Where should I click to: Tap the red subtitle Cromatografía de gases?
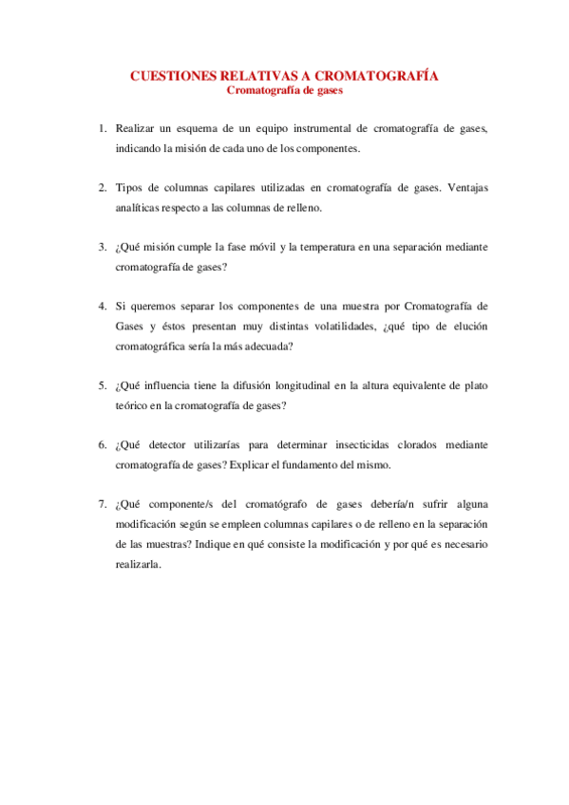pyautogui.click(x=284, y=91)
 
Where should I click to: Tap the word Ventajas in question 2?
pyautogui.click(x=465, y=186)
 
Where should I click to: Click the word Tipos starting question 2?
pyautogui.click(x=129, y=186)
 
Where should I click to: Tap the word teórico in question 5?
pyautogui.click(x=131, y=405)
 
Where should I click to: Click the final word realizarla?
pyautogui.click(x=138, y=564)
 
